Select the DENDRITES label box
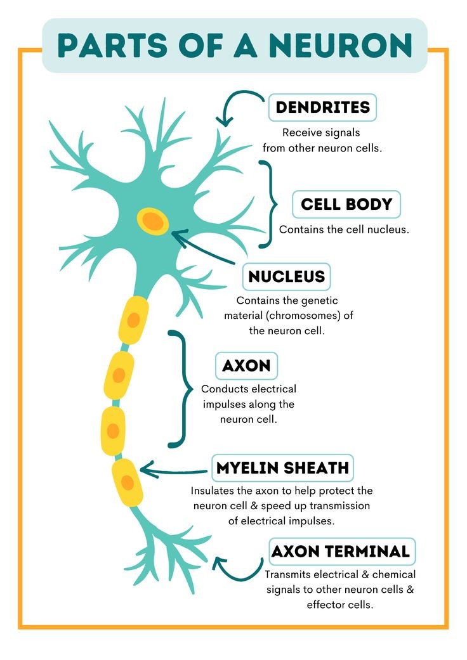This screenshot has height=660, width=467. pos(322,107)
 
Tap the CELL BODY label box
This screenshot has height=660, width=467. pos(346,205)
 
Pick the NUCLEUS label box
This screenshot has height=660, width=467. pos(286,276)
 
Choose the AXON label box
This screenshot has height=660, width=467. pos(246,366)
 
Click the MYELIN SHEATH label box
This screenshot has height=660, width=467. pos(282,468)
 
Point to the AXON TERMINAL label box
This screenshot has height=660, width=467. pos(342,552)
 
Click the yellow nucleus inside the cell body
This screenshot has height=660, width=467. pos(152,221)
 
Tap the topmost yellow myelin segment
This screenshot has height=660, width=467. pos(133,320)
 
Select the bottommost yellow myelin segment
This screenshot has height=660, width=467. pos(127,482)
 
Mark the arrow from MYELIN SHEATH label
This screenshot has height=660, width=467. pos(173,470)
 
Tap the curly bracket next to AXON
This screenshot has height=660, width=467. pos(180,389)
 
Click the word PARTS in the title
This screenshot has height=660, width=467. pos(113,46)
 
